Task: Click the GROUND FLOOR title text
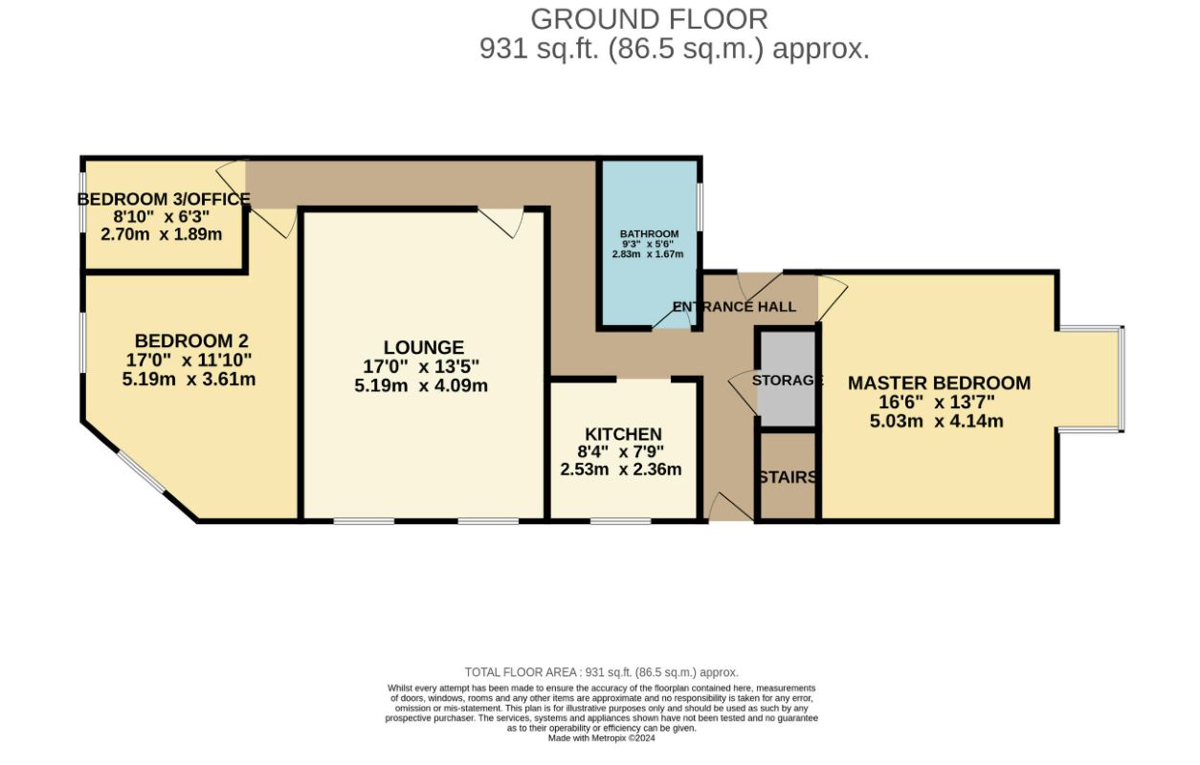click(x=650, y=19)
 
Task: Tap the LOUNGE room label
click(x=424, y=347)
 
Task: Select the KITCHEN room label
click(x=623, y=433)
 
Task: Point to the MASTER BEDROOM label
click(x=939, y=382)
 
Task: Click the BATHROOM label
click(x=650, y=234)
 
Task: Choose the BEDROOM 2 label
click(x=191, y=341)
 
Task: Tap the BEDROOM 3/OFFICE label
click(x=164, y=199)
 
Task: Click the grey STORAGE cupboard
click(x=786, y=379)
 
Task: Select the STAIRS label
click(x=788, y=477)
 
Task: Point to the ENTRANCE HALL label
click(x=734, y=307)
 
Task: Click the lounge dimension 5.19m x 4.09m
click(x=421, y=385)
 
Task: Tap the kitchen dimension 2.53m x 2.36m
click(x=621, y=470)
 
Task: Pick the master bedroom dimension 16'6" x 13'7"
click(x=937, y=402)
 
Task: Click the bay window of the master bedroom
click(x=1121, y=379)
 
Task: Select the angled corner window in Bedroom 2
click(x=141, y=471)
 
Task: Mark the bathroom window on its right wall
click(x=700, y=207)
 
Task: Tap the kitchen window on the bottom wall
click(x=621, y=520)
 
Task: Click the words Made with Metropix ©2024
click(x=601, y=738)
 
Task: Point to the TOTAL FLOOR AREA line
click(x=601, y=672)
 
